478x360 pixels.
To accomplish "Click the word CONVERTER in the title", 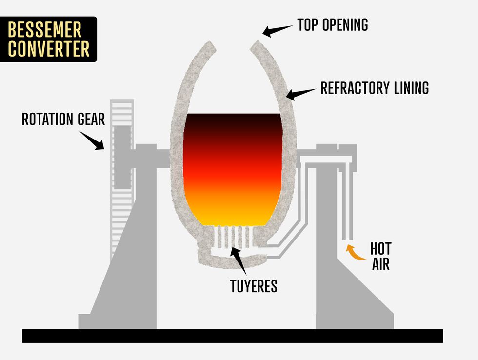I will click(x=49, y=49).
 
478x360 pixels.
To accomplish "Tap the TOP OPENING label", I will click(x=333, y=25).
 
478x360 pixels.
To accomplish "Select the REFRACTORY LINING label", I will click(x=375, y=88).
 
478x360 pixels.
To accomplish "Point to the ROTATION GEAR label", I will click(x=63, y=119).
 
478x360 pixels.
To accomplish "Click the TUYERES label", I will click(x=254, y=286).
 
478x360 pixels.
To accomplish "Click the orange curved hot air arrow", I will click(x=355, y=253).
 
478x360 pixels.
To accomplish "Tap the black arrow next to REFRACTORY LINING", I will click(x=300, y=93).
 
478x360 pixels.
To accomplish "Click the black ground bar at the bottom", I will click(x=233, y=336).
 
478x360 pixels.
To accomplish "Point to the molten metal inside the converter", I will click(x=233, y=171).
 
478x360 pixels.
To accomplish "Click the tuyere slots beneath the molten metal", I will click(x=233, y=238).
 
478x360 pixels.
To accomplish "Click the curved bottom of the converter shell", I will click(x=229, y=263).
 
